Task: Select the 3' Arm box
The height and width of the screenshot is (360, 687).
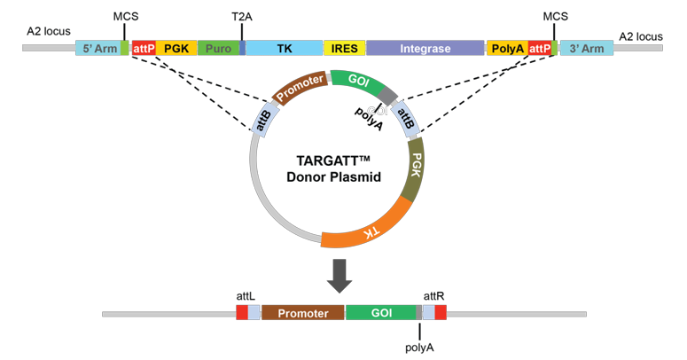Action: coord(586,48)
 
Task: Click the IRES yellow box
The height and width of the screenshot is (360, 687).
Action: coord(344,48)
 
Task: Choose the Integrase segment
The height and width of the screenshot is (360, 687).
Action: coord(425,48)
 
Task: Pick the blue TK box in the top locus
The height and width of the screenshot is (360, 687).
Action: coord(284,48)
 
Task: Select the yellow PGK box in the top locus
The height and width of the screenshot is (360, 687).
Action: coord(176,48)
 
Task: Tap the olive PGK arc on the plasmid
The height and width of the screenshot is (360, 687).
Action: coord(412,174)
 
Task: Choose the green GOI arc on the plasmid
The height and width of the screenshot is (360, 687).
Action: coord(358,81)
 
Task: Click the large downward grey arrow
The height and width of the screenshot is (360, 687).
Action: coord(339,276)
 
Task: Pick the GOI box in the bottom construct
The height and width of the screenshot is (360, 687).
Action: coord(380,313)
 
